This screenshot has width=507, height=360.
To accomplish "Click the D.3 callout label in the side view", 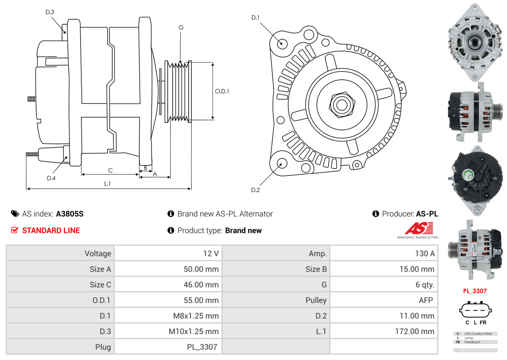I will [x=50, y=12].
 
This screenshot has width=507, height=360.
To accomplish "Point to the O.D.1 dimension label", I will [x=222, y=91].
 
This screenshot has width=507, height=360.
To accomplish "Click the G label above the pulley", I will [x=181, y=28].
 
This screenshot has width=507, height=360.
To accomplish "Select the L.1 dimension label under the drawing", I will [x=107, y=184].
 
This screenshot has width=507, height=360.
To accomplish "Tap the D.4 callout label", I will [x=51, y=178].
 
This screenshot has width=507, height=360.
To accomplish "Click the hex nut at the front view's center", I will [x=341, y=104].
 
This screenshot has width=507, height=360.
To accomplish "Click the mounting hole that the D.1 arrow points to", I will [x=282, y=43].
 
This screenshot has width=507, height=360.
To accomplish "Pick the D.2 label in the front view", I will [x=256, y=190].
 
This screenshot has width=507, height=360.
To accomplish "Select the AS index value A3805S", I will [x=70, y=214].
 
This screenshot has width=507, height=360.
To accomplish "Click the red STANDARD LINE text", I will [x=51, y=231].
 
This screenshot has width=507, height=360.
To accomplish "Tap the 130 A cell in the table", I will [x=424, y=254].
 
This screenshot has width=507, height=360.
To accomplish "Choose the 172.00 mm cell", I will [x=418, y=331].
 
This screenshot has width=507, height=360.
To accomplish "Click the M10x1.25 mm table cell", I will [x=194, y=331].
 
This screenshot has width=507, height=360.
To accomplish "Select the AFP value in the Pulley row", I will [x=426, y=300].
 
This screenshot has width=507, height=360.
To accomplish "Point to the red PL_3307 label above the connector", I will [x=475, y=291].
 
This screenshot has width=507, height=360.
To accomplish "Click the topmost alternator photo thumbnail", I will [x=475, y=42].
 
